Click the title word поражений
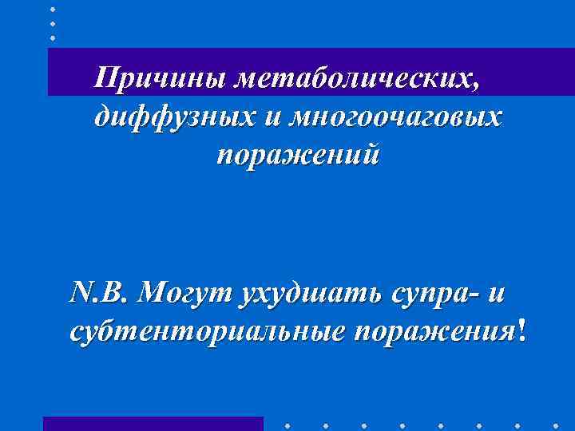pos(298,154)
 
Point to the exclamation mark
pos(522,330)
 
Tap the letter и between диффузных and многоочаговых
pos(270,117)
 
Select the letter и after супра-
pos(495,294)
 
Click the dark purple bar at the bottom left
pos(153,423)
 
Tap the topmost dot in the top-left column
pos(53,9)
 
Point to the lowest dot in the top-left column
pos(53,38)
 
